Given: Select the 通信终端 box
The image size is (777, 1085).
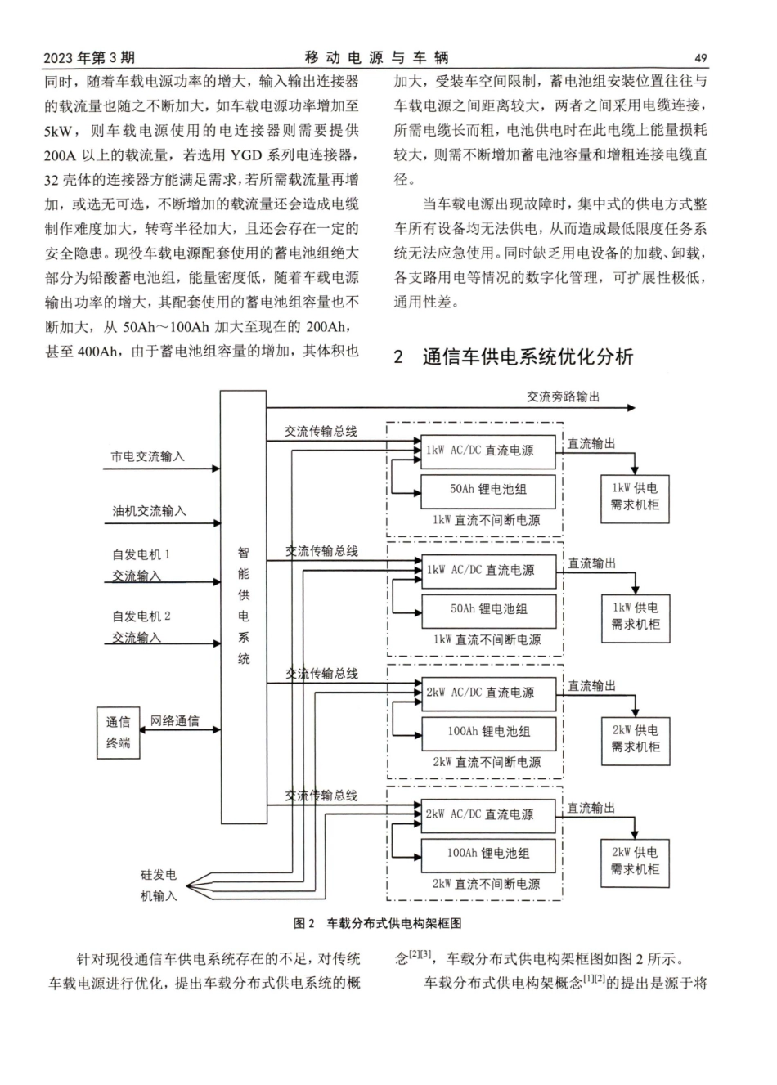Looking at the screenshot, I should [119, 732].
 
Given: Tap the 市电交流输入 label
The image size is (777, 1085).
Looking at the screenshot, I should [148, 456].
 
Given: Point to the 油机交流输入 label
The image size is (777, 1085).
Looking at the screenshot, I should [149, 511].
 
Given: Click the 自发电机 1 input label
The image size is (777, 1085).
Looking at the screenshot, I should [141, 565].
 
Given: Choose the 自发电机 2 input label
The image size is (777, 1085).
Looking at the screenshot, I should [141, 626].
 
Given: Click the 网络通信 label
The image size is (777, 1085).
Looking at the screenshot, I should [174, 721].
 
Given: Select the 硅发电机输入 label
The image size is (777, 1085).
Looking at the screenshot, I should [158, 885].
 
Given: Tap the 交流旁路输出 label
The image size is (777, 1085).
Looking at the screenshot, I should [563, 397].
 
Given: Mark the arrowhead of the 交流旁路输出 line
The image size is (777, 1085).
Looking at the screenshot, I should [630, 406].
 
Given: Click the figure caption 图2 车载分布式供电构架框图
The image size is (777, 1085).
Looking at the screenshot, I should [377, 923].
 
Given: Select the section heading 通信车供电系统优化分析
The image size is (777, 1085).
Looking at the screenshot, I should [528, 356].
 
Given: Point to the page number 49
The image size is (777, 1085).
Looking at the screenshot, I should [700, 58].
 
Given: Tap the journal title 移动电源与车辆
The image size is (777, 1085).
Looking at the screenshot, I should [376, 57].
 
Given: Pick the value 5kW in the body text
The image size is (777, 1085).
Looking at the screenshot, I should [61, 131].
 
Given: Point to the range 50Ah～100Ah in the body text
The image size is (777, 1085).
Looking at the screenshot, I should [166, 327].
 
